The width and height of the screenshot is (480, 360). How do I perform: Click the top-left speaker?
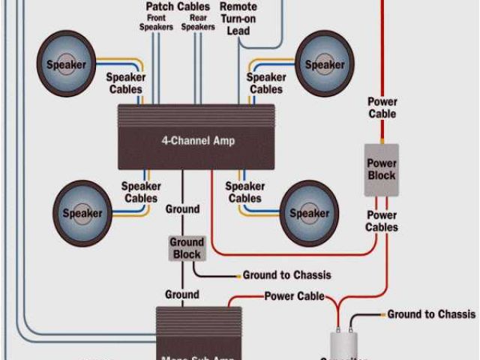click(x=66, y=64)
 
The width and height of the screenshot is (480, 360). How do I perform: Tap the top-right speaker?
click(x=324, y=64)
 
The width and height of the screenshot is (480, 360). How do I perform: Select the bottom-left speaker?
click(x=82, y=213)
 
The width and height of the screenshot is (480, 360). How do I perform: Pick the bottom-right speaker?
click(x=309, y=213)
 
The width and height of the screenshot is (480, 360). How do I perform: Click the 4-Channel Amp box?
click(x=196, y=137)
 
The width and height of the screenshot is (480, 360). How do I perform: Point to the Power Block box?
click(x=381, y=169)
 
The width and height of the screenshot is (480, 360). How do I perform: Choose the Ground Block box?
click(x=186, y=248)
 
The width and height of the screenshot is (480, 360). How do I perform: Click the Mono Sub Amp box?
click(x=199, y=334)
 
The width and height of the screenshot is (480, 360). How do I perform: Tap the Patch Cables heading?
click(x=178, y=7)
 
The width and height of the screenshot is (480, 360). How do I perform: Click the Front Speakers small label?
click(x=156, y=22)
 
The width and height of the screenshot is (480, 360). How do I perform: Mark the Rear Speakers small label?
click(x=198, y=22)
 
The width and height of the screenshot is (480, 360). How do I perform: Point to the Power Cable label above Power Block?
click(x=382, y=108)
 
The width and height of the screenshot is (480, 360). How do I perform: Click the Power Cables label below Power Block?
click(x=382, y=221)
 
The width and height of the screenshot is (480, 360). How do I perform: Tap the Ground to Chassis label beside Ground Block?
click(x=286, y=275)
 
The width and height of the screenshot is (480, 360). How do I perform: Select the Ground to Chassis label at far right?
click(x=431, y=314)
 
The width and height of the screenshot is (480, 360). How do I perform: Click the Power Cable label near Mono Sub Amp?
click(x=294, y=296)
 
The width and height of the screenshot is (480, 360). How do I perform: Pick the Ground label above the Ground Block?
click(x=182, y=209)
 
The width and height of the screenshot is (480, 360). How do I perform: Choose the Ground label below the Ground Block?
click(x=182, y=295)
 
